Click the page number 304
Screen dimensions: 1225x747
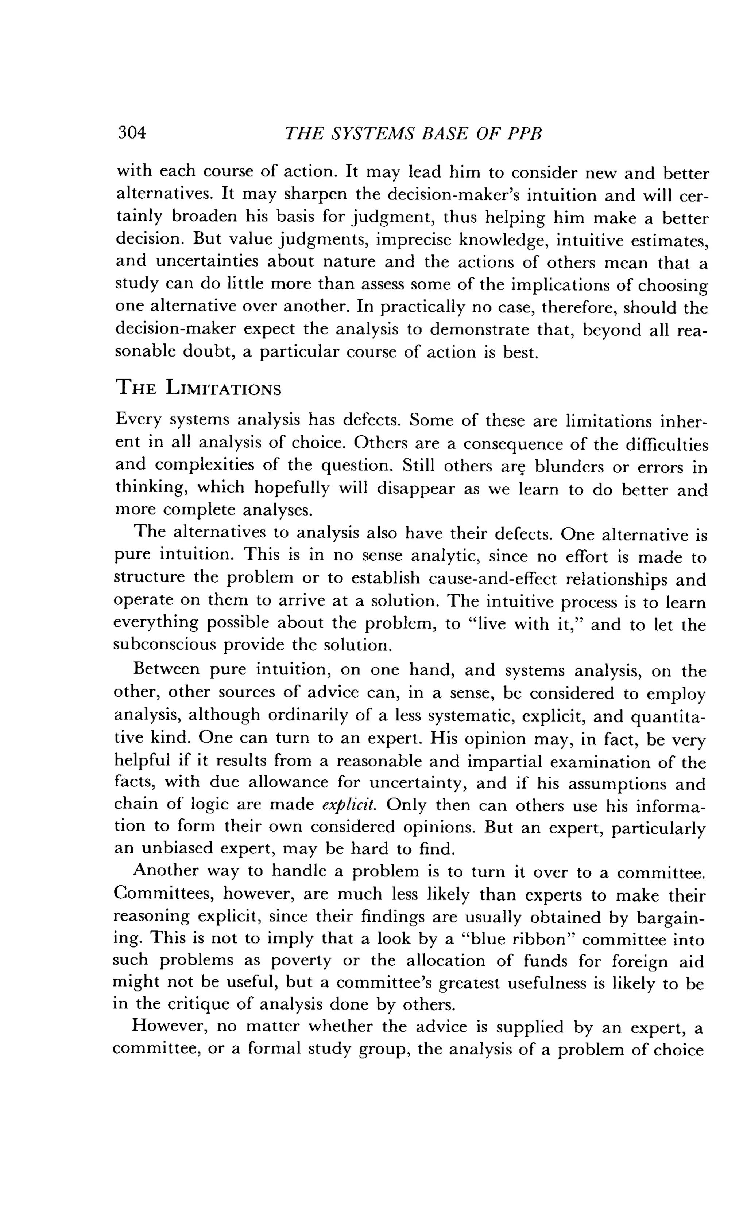[x=132, y=133]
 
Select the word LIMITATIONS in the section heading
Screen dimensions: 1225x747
[x=223, y=388]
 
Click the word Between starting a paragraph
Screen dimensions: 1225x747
[x=166, y=669]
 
